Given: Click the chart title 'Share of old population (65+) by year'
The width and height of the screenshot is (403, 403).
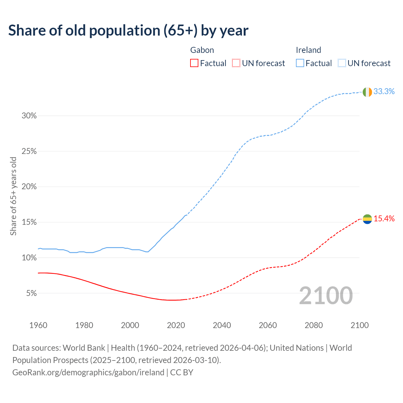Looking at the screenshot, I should [x=128, y=31].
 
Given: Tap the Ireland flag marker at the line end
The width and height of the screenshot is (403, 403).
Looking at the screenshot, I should [x=367, y=92].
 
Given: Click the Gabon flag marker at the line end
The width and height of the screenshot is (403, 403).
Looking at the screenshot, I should [x=367, y=219].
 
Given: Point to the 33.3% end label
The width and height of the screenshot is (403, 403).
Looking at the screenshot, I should [x=384, y=91].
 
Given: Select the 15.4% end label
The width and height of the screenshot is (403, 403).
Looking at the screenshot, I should [x=384, y=219].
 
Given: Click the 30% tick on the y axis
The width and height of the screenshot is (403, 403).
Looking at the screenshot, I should [x=29, y=116].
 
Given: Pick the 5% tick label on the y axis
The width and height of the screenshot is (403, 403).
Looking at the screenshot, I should [x=31, y=293].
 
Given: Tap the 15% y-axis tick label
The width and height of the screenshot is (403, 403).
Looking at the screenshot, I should [x=29, y=222].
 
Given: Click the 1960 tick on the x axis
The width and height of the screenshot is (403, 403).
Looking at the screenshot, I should [x=38, y=325].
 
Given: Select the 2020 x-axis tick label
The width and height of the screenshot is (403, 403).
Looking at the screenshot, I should [x=176, y=325].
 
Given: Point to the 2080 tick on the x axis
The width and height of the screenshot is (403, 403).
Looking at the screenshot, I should [x=314, y=325].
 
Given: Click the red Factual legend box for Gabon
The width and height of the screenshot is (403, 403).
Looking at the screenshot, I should [x=194, y=63].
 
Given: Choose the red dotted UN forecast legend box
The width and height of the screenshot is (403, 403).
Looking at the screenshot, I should [x=236, y=63].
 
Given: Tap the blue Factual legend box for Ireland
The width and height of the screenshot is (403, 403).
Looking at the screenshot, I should [x=300, y=63].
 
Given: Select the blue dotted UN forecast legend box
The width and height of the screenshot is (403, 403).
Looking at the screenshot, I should [x=342, y=63].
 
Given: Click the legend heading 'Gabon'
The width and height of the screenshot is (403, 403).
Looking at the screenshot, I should [x=202, y=50].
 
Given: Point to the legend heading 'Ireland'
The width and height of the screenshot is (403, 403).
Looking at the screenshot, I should [x=308, y=50].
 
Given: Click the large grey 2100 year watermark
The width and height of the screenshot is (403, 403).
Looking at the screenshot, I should [x=326, y=295].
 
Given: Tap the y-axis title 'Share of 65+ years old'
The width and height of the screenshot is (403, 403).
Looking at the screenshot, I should [x=13, y=196].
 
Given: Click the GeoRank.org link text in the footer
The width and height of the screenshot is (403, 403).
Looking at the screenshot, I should [x=88, y=372].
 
